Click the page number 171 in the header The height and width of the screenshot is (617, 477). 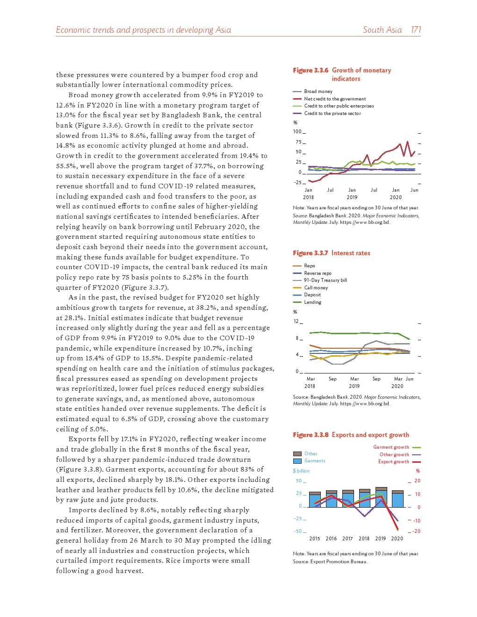[x=416, y=30]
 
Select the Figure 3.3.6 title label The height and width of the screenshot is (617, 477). [x=342, y=74]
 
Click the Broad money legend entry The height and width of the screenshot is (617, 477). [x=318, y=92]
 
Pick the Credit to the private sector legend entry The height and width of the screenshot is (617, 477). [x=332, y=114]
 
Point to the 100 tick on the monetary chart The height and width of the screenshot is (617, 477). [x=297, y=132]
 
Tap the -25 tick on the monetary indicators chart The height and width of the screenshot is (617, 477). [x=297, y=182]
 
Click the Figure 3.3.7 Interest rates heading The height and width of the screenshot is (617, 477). [x=332, y=253]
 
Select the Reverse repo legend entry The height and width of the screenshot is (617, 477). [x=318, y=273]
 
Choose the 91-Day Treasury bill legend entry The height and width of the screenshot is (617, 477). [x=325, y=280]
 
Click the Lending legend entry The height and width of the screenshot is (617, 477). [x=312, y=302]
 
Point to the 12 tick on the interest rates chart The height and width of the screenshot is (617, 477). [x=296, y=322]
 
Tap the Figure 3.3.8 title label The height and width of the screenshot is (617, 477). [x=351, y=435]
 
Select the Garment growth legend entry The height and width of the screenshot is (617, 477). [x=391, y=447]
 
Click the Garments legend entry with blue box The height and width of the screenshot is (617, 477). [x=314, y=461]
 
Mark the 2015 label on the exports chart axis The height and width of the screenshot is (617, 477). [x=315, y=538]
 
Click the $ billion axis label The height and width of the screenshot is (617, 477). [x=301, y=471]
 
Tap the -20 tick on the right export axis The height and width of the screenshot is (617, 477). [x=416, y=531]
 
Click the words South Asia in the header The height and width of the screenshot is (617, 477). [x=382, y=30]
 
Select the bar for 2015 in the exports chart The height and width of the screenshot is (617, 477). [x=315, y=500]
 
